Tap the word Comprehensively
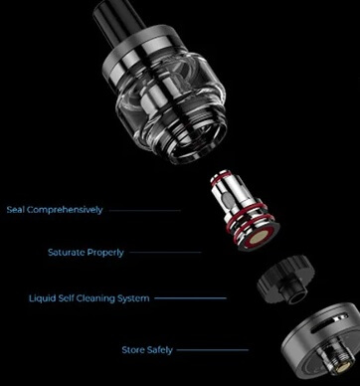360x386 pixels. (64, 211)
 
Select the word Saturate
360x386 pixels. (67, 253)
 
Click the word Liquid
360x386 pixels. (42, 298)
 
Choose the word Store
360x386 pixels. (132, 350)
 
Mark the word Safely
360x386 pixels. (164, 350)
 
